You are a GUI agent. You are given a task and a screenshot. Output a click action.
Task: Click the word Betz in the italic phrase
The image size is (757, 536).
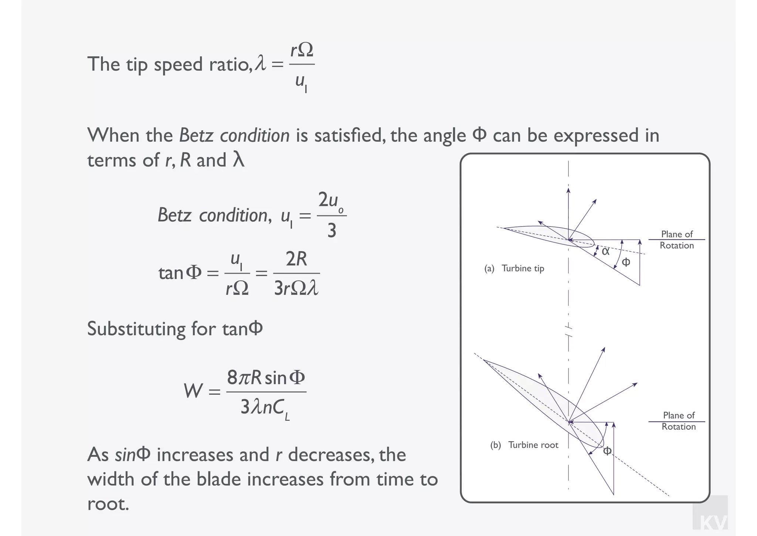click(x=196, y=135)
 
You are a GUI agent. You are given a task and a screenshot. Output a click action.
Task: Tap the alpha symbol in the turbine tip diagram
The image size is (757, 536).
click(x=605, y=251)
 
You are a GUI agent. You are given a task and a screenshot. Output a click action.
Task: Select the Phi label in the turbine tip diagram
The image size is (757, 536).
click(x=626, y=262)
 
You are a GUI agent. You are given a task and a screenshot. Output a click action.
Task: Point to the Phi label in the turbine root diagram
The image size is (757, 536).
click(x=607, y=451)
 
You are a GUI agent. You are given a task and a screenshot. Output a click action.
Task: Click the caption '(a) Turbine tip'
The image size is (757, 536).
click(x=514, y=268)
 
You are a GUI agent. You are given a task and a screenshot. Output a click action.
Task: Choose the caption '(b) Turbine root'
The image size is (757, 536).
click(x=524, y=445)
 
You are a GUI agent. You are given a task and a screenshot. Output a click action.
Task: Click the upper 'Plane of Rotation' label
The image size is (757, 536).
click(x=677, y=240)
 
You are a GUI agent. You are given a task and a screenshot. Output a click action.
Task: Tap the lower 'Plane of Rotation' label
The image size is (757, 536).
click(x=678, y=421)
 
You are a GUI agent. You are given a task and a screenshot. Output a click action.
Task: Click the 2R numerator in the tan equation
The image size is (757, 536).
click(x=296, y=259)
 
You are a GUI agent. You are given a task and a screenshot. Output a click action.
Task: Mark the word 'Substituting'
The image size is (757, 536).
click(x=136, y=329)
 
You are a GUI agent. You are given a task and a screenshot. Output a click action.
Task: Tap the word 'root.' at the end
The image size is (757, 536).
click(x=108, y=503)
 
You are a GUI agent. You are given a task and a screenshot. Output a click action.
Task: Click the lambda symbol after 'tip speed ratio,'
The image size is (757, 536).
click(x=261, y=63)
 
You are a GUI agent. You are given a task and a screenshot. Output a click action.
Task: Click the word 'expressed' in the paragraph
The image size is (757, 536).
click(x=596, y=135)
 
